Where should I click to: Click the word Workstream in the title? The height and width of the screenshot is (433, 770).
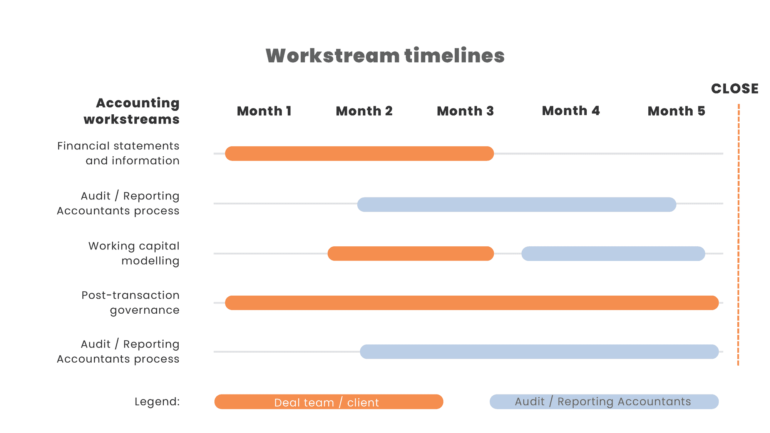point(333,55)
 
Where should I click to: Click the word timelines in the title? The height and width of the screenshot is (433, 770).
point(454,55)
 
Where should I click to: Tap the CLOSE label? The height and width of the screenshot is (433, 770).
point(735,89)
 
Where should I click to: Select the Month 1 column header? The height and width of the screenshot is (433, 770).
point(264,111)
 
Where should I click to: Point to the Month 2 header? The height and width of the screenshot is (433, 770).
point(364,111)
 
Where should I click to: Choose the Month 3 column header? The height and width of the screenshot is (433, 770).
point(465,111)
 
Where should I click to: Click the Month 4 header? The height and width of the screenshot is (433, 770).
point(571,111)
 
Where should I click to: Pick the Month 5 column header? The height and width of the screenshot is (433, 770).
point(676,111)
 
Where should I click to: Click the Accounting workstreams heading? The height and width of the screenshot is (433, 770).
point(132,111)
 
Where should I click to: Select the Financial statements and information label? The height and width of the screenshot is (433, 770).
point(118,153)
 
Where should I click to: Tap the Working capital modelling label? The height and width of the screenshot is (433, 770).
point(134,253)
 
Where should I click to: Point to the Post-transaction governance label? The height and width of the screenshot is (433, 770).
point(131,303)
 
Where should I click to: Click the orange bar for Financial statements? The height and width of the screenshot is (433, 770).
point(360,154)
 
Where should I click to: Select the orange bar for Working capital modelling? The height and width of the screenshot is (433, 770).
point(411,254)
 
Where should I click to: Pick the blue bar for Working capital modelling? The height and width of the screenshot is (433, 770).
point(613,254)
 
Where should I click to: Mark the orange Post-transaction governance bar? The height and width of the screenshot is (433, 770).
point(472,303)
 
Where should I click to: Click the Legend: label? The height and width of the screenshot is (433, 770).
point(157,402)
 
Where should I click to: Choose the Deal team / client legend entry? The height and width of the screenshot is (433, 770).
point(329,402)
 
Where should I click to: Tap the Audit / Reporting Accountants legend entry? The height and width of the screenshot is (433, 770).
point(604,402)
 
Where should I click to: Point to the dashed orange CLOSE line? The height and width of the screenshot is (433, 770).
point(738,235)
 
